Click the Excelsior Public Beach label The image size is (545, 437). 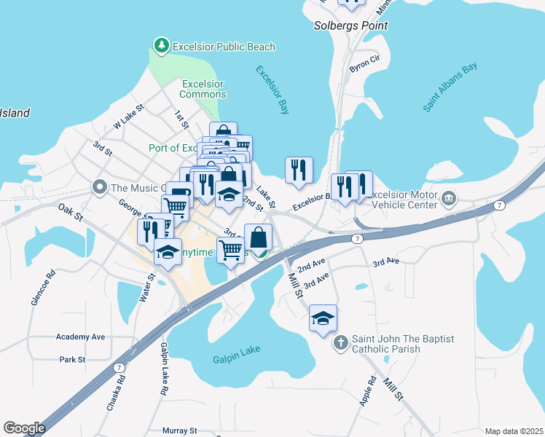click(x=223, y=47)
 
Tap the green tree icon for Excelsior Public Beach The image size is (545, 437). click(x=161, y=47)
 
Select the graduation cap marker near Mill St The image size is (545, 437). click(x=323, y=318)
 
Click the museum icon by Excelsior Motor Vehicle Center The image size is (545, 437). click(x=448, y=198)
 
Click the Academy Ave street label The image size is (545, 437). click(x=81, y=337)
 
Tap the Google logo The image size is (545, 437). click(x=23, y=428)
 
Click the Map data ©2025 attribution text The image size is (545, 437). click(x=513, y=431)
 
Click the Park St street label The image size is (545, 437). click(x=73, y=359)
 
